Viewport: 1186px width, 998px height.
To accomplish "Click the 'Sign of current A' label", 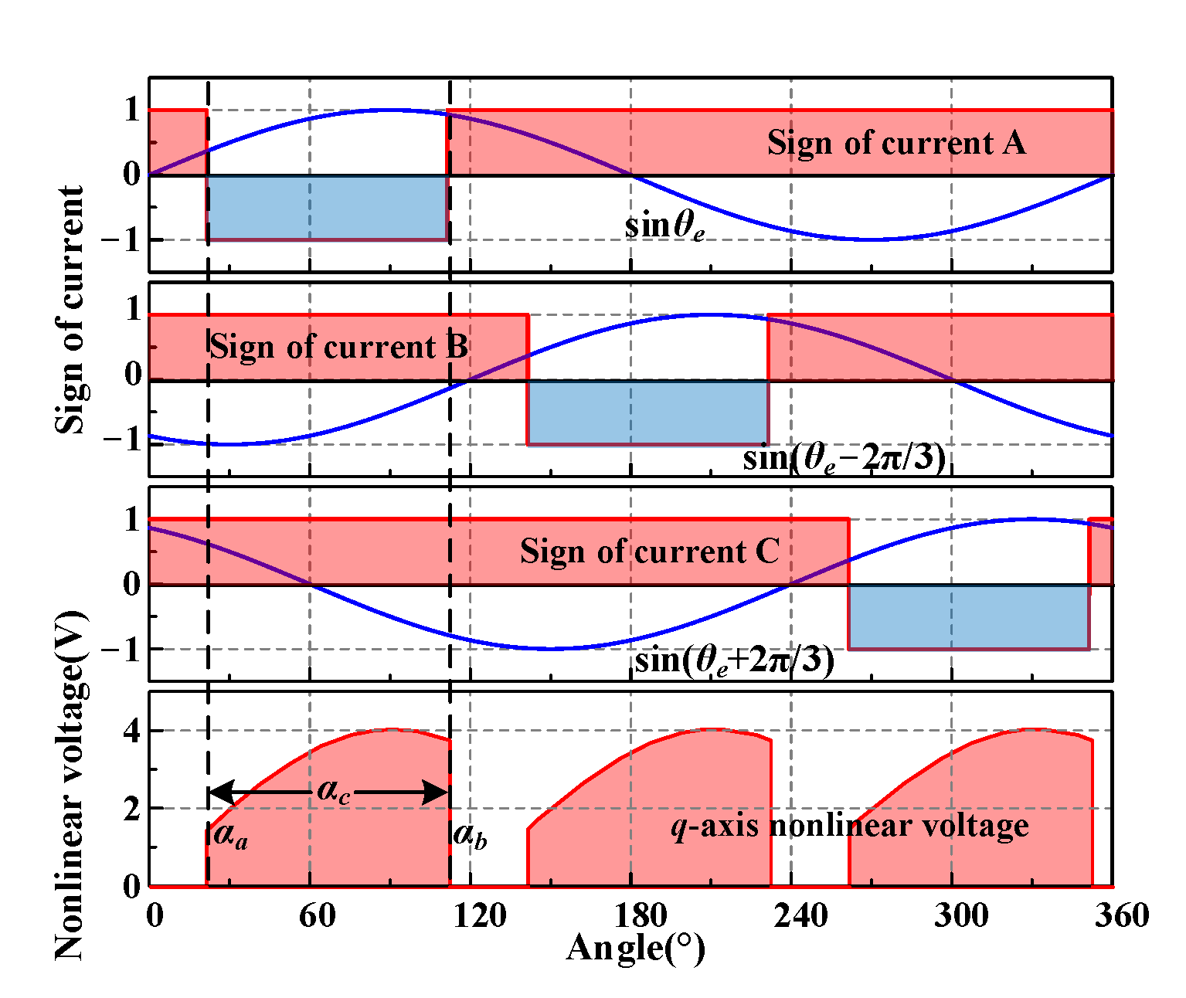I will (896, 144).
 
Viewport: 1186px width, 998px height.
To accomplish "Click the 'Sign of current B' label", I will (338, 348).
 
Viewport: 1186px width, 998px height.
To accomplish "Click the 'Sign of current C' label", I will (649, 552).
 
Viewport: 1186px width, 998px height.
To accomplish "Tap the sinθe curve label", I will (664, 226).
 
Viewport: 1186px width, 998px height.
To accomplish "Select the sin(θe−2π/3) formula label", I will (844, 459).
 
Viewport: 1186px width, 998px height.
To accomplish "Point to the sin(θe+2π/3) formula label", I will (734, 661).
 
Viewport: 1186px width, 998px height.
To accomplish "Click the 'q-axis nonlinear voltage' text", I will (850, 827).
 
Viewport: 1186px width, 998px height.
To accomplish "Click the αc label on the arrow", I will (334, 793).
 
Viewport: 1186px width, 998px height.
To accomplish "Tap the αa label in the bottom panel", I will (230, 835).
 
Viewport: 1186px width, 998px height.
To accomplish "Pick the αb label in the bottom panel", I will (470, 835).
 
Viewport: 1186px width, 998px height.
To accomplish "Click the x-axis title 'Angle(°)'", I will (635, 948).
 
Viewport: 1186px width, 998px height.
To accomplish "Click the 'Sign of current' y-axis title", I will (71, 309).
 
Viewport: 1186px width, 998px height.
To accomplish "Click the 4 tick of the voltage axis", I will (132, 731).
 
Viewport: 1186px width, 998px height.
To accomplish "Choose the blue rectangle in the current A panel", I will (327, 207).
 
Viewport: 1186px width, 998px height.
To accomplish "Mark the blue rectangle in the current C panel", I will (969, 616).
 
